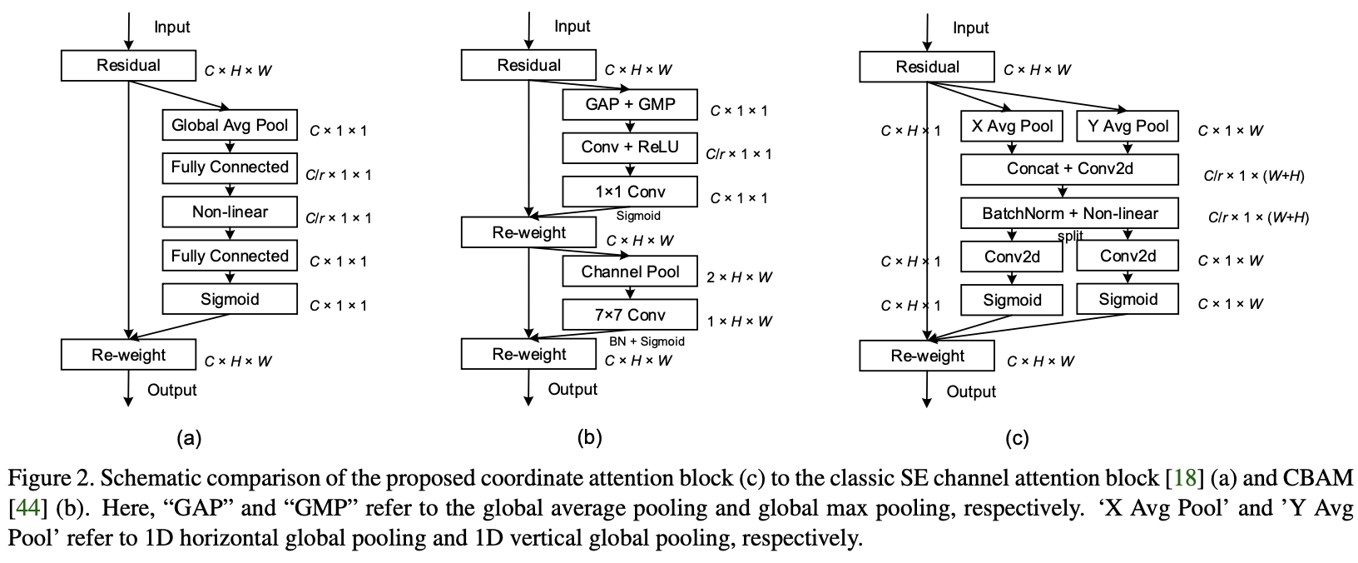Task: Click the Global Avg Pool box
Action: (x=230, y=126)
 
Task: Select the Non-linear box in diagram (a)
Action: (x=230, y=212)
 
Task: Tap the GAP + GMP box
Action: (x=630, y=105)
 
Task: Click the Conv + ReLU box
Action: (x=630, y=147)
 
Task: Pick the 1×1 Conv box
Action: (x=630, y=192)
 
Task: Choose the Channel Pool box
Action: (x=630, y=272)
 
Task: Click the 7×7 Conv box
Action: (x=630, y=315)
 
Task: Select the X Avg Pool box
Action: (x=1012, y=127)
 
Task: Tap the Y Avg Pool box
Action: (x=1128, y=127)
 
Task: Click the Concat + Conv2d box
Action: (x=1070, y=169)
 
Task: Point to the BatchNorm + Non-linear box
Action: (x=1070, y=213)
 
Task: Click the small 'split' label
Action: (x=1070, y=236)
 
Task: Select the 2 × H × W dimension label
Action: (x=739, y=277)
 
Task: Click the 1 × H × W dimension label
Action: (x=739, y=321)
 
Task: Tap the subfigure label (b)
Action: (x=589, y=437)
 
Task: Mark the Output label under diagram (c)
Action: (x=971, y=391)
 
